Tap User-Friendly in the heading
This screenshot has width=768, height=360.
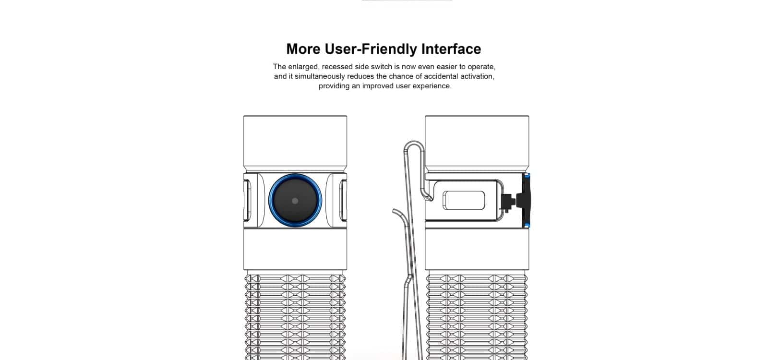pyautogui.click(x=370, y=49)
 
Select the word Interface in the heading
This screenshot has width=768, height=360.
pyautogui.click(x=451, y=49)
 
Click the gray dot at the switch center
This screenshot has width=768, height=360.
pyautogui.click(x=295, y=201)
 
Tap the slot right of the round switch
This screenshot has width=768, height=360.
pyautogui.click(x=342, y=200)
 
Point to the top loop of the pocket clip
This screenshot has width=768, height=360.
pyautogui.click(x=414, y=145)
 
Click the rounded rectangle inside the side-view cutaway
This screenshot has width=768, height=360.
pyautogui.click(x=463, y=201)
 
